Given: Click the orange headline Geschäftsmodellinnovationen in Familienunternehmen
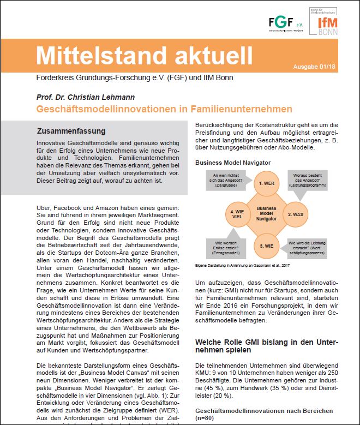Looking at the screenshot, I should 164,109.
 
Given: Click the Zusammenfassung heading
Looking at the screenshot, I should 71,131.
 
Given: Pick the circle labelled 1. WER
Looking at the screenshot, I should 266,183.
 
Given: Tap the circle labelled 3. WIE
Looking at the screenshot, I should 266,245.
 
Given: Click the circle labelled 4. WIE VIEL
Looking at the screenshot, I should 237,214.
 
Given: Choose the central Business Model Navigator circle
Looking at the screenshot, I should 266,214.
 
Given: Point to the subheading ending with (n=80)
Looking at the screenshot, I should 271,415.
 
